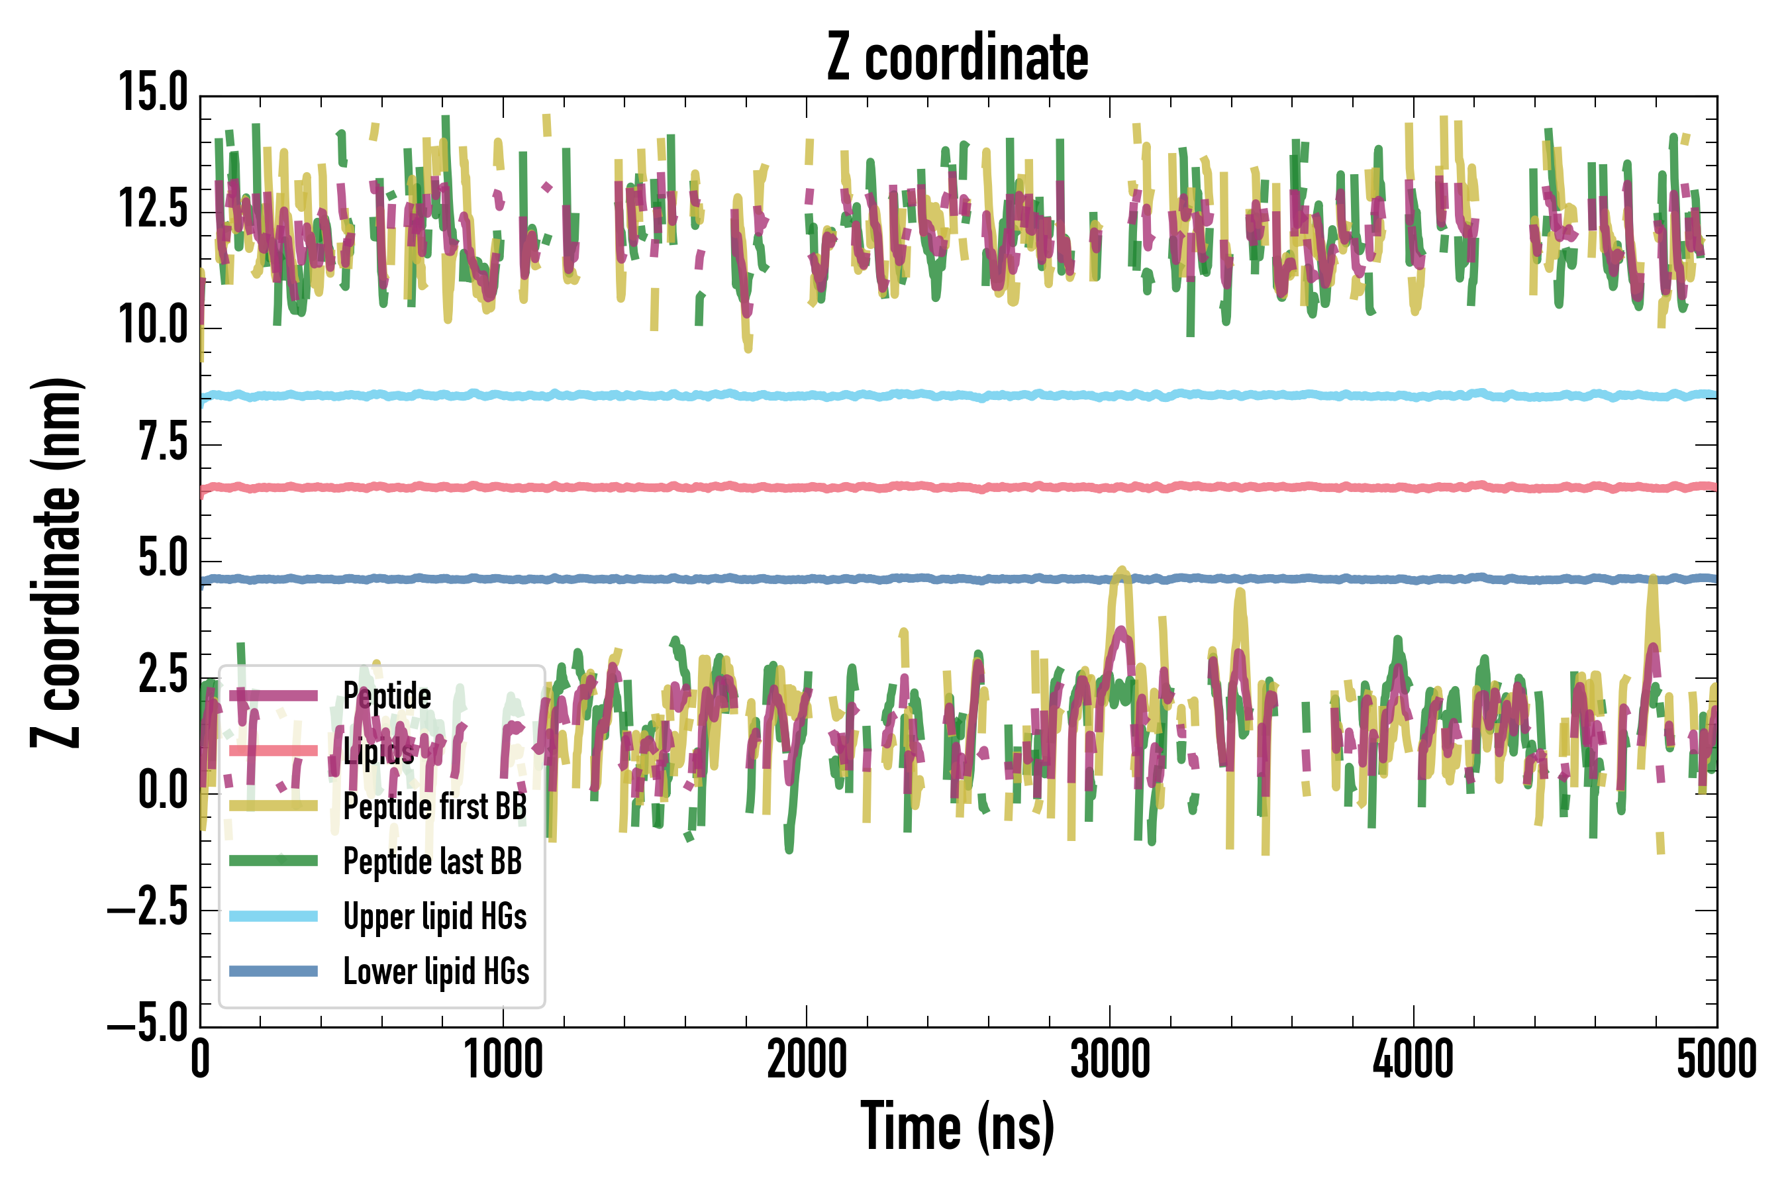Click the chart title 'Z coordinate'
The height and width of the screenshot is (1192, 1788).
click(x=957, y=58)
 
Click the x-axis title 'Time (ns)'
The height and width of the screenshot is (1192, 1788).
click(x=957, y=1127)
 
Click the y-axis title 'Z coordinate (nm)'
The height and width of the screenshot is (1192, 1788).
click(x=56, y=562)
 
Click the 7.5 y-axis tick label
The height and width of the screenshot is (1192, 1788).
click(x=163, y=442)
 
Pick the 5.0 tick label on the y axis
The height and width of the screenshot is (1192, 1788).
click(x=163, y=559)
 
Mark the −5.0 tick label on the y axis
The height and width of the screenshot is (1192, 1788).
click(x=148, y=1026)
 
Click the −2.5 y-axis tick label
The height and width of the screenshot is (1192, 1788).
click(x=148, y=909)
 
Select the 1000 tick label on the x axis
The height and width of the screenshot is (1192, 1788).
click(x=503, y=1060)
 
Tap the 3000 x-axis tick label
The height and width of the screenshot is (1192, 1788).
click(x=1110, y=1060)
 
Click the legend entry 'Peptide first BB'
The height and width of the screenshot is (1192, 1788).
click(x=435, y=806)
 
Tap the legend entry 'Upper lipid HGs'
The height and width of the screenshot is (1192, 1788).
click(x=435, y=916)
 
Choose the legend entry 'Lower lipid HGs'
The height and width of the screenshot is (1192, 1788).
click(x=436, y=971)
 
